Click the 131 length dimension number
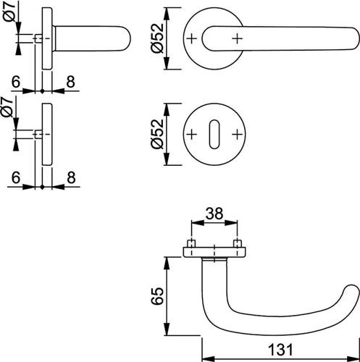pos(280,350)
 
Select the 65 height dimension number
pos(157,296)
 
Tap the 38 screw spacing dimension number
pos(214,214)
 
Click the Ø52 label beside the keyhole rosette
pos(157,134)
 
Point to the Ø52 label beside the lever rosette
pos(157,38)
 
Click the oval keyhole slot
pos(214,134)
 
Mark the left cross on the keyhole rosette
pos(192,134)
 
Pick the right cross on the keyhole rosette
pos(237,134)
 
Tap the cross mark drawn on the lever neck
pos(237,38)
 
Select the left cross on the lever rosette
pos(192,38)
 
